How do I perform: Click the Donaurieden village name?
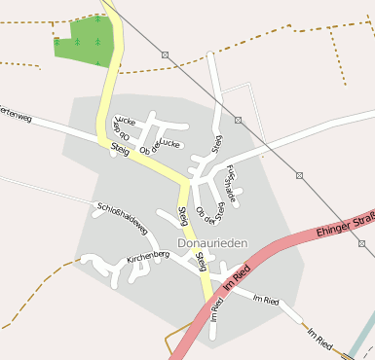(212, 242)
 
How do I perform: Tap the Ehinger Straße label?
(347, 224)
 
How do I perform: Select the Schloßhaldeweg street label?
(123, 218)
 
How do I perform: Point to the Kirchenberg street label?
(148, 257)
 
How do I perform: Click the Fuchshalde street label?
(232, 182)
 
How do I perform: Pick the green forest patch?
(86, 39)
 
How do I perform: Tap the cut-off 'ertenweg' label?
(16, 113)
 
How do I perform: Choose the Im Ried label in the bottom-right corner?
(320, 339)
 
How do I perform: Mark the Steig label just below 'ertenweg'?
(121, 149)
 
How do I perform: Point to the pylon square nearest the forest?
(165, 54)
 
